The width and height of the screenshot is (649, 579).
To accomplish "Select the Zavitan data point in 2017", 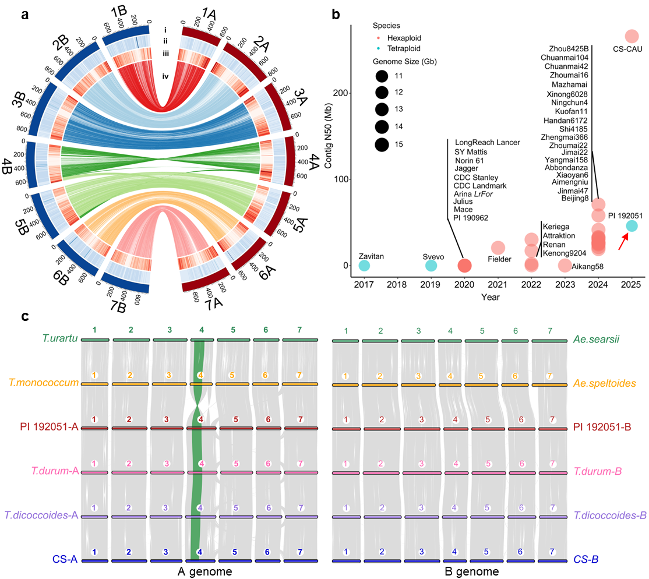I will pos(364,266).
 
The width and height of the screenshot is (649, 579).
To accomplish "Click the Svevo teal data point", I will pos(431,266).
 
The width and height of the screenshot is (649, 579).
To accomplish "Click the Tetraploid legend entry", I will pos(404,48).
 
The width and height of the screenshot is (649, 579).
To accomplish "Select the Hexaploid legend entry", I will pos(404,37).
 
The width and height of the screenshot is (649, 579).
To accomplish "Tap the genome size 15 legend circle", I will pos(382,144).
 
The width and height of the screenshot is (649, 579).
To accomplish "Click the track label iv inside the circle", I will pos(166,76).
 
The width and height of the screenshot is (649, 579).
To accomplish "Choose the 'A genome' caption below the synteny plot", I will pos(205,572).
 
